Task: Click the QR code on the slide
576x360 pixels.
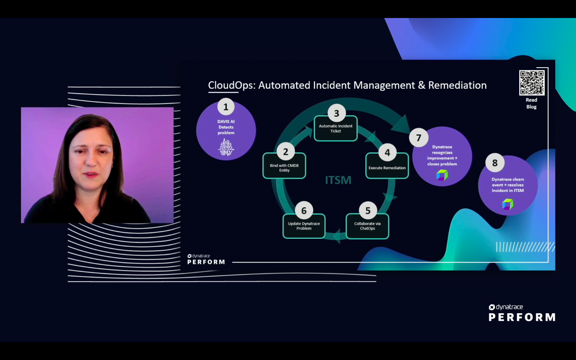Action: point(532,83)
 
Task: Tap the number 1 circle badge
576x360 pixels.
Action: point(226,107)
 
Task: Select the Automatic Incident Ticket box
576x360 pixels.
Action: point(336,129)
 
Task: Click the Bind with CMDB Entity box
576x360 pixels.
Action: point(284,168)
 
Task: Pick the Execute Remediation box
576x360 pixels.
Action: point(387,168)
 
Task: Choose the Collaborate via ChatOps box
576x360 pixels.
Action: point(367,226)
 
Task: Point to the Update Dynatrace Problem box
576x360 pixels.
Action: point(304,226)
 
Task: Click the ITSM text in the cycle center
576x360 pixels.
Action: point(338,180)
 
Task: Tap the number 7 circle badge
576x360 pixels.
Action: point(419,138)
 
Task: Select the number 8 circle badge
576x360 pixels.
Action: point(495,163)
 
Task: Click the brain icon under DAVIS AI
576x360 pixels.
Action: point(226,147)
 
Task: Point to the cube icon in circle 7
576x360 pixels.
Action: point(442,175)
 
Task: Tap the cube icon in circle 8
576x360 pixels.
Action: point(508,204)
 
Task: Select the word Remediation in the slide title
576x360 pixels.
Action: point(457,86)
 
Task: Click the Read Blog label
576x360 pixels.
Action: point(531,103)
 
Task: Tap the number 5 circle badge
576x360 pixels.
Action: point(368,211)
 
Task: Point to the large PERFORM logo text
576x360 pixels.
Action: point(522,317)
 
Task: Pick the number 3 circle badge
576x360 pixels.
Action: point(337,114)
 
